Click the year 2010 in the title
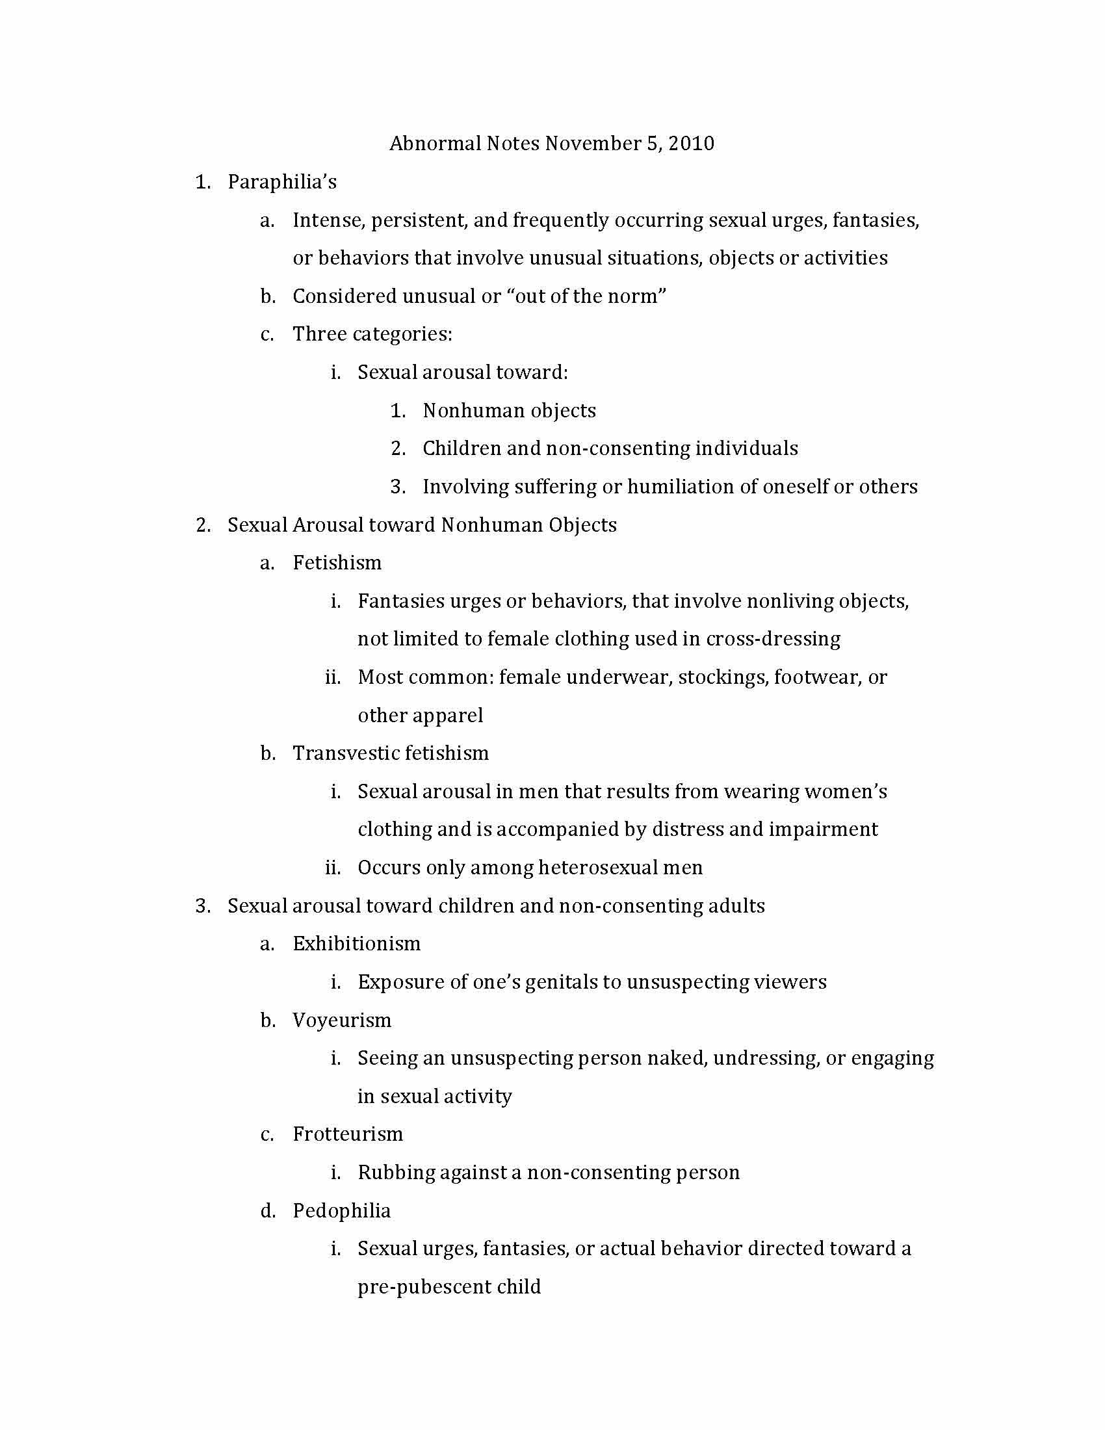692,144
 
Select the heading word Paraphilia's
282,181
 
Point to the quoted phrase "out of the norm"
586,296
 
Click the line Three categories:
372,334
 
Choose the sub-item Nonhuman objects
510,411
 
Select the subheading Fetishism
337,562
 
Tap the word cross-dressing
773,638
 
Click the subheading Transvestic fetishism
391,753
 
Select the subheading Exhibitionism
357,944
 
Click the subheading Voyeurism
342,1020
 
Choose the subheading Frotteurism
348,1134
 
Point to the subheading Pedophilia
342,1211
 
